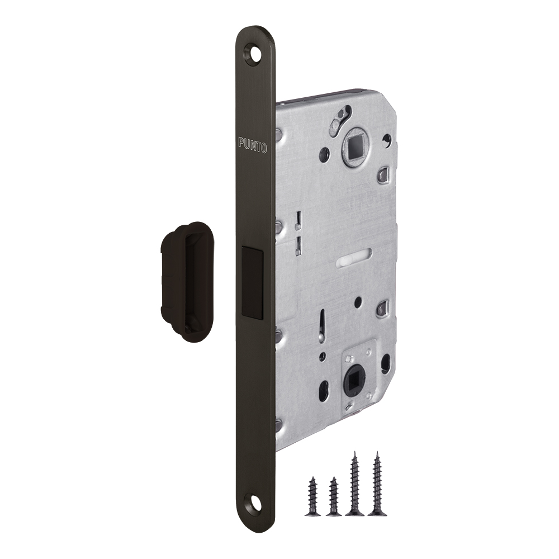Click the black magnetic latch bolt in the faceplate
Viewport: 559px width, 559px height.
tap(252, 282)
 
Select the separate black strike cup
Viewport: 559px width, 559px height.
tap(187, 281)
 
